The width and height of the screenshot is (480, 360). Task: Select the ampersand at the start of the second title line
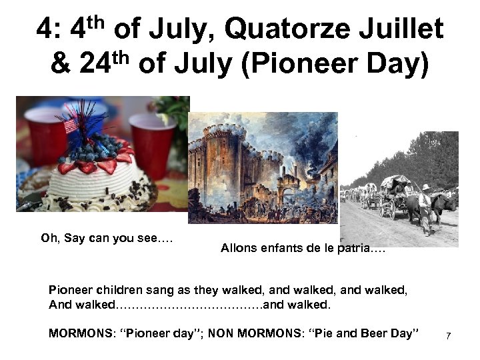[60, 65]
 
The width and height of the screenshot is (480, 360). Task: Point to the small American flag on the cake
[71, 125]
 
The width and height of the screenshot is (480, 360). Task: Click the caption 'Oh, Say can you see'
[107, 238]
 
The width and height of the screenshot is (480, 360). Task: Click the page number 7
[448, 335]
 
